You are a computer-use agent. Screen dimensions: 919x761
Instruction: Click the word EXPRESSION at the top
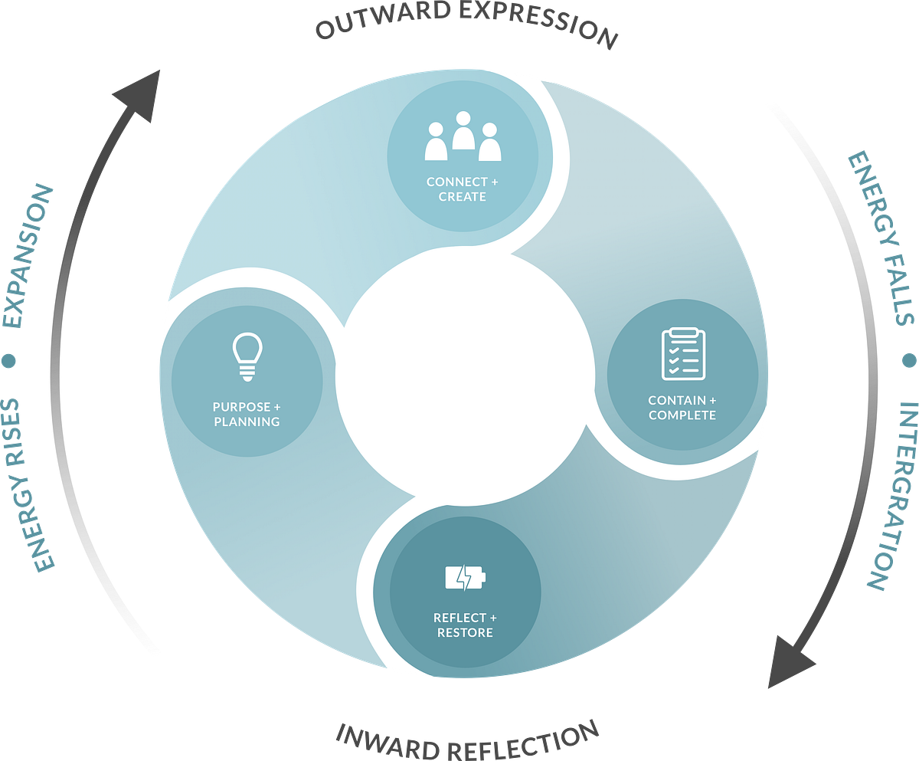coord(538,25)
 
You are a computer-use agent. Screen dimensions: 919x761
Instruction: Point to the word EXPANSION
coord(28,255)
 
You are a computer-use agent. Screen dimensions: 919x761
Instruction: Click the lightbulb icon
coord(247,356)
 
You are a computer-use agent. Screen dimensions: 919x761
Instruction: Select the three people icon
coord(463,136)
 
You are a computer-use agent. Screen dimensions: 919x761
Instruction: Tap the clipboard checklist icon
coord(684,353)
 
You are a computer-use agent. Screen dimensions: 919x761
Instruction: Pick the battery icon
coord(465,577)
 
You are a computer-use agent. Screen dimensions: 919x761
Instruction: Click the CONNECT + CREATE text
coord(462,189)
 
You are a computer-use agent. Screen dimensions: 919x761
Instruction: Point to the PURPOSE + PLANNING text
coord(247,414)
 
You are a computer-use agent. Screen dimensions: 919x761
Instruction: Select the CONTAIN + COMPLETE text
coord(682,408)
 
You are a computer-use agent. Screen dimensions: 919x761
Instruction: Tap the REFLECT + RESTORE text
coord(465,625)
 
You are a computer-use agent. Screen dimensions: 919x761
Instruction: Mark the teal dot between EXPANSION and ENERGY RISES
coord(8,361)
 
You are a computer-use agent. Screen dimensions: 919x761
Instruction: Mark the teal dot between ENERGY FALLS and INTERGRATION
coord(909,361)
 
